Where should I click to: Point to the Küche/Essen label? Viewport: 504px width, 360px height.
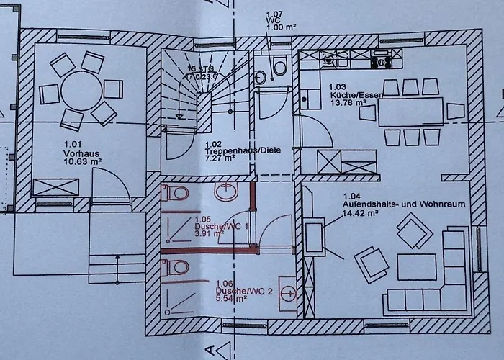tap(351, 95)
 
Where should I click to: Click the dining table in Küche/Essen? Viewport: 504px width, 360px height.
tap(410, 111)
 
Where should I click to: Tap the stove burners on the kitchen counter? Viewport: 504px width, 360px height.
tap(378, 58)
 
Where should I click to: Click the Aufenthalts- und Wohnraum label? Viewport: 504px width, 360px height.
tap(403, 204)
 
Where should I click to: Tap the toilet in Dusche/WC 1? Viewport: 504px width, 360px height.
tap(176, 192)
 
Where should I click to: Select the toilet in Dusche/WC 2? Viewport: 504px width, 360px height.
tap(177, 267)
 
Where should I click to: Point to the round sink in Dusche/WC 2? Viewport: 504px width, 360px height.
tap(289, 292)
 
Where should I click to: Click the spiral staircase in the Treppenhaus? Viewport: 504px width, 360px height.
tap(189, 92)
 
